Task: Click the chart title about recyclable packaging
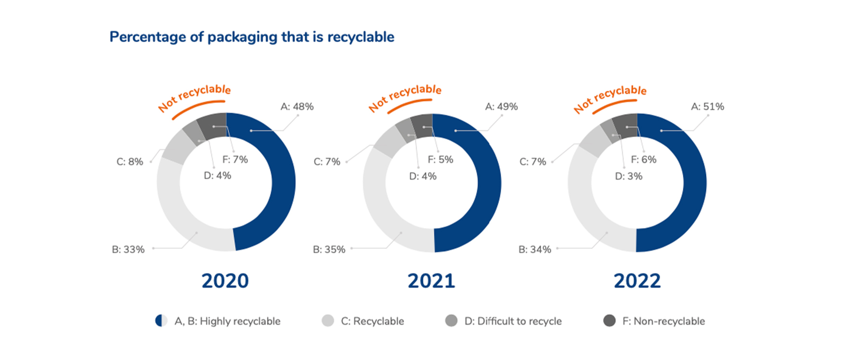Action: [252, 37]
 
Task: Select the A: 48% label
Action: [297, 107]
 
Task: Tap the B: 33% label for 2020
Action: [128, 249]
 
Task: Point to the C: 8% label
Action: [130, 162]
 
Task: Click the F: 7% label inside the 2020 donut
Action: [235, 160]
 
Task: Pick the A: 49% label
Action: [501, 107]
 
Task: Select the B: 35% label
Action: [329, 249]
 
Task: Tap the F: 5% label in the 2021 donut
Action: [440, 160]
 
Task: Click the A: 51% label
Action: [707, 107]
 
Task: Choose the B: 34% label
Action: [535, 249]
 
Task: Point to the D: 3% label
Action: [629, 176]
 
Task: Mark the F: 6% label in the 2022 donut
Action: [643, 160]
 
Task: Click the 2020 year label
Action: [225, 281]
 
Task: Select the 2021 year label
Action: [431, 281]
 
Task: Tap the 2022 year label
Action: [637, 281]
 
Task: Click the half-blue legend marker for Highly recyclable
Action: [161, 321]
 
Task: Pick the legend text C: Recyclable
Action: [372, 321]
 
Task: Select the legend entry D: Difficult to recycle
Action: [513, 321]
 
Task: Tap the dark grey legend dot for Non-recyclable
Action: [609, 321]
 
